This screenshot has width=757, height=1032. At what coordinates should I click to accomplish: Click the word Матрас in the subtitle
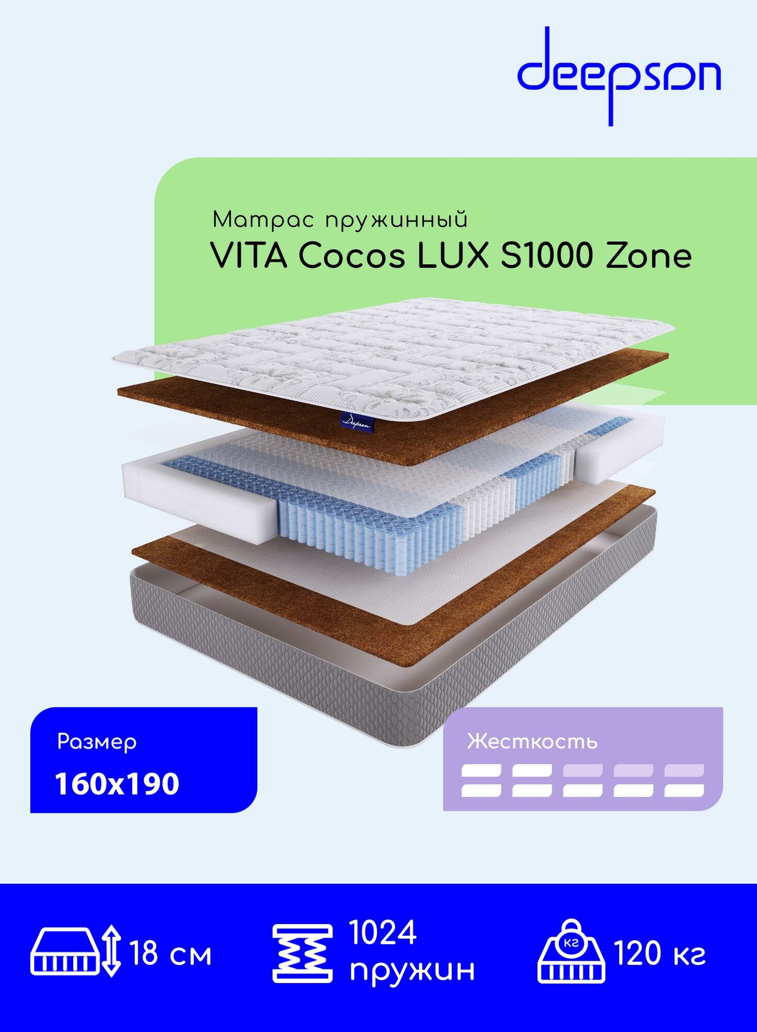coord(263,220)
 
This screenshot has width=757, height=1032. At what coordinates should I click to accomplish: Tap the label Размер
coord(97,742)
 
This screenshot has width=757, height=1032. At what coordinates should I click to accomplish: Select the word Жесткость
coord(532,742)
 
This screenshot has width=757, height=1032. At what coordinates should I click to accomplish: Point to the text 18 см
coord(171,954)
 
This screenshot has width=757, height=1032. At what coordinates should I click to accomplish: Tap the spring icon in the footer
coord(302,953)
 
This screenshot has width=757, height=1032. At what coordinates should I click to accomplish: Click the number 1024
coord(383,932)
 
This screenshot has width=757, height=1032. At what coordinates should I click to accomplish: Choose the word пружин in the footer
coord(412,970)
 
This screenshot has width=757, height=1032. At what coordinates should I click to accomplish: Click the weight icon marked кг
coord(571,952)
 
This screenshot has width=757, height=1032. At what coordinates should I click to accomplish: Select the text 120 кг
coord(659,954)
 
